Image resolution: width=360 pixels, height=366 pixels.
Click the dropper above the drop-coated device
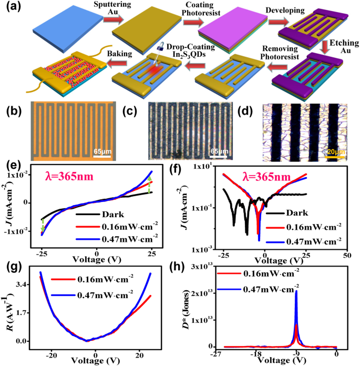click(161, 52)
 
